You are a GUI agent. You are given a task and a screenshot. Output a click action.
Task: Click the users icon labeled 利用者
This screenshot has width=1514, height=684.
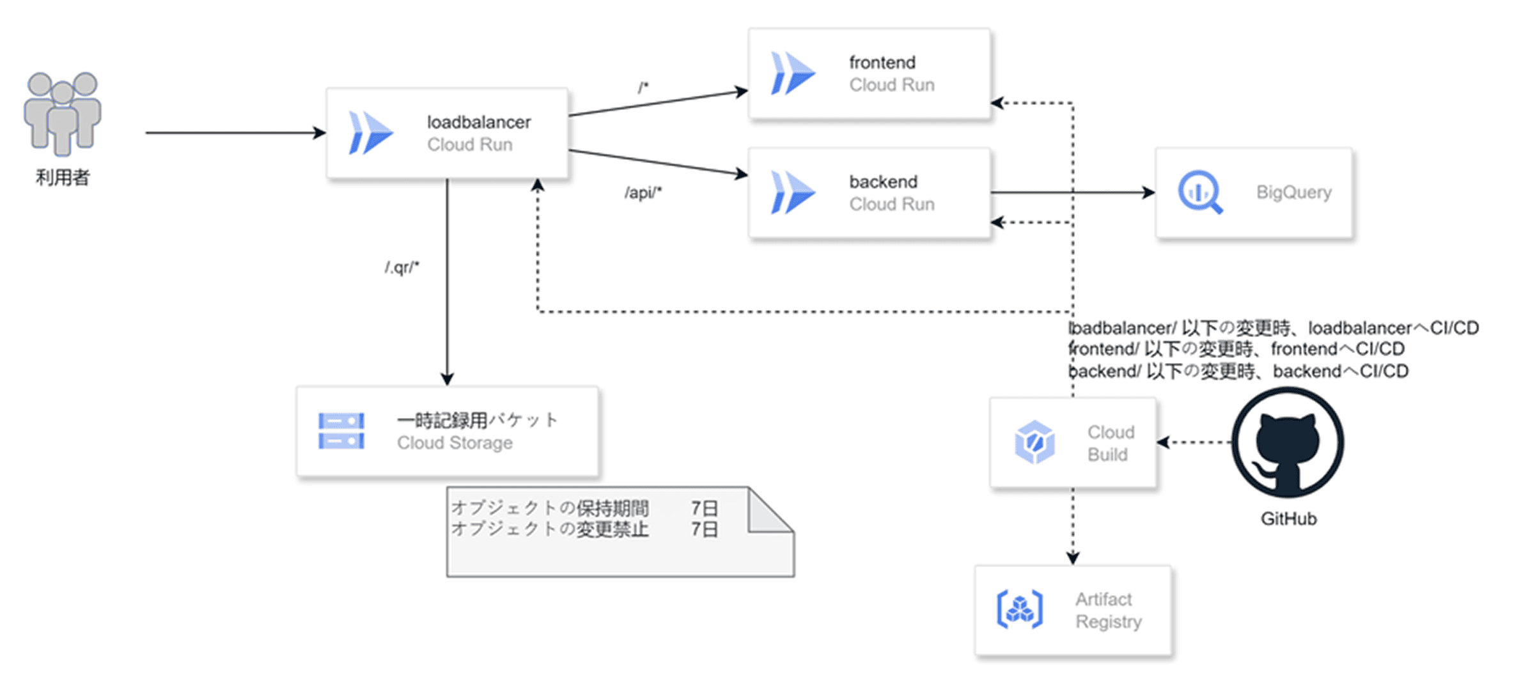pyautogui.click(x=63, y=113)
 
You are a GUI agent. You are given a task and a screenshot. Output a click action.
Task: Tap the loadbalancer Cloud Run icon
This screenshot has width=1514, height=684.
pyautogui.click(x=370, y=133)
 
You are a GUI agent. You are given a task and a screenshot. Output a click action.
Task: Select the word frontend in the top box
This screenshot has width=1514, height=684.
pyautogui.click(x=882, y=63)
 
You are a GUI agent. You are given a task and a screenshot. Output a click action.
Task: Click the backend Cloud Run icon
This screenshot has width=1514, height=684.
pyautogui.click(x=792, y=192)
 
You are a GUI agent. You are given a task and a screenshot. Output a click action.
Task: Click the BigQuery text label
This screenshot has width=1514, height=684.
pyautogui.click(x=1293, y=192)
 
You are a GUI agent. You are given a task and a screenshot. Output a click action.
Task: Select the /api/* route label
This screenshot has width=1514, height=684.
pyautogui.click(x=643, y=192)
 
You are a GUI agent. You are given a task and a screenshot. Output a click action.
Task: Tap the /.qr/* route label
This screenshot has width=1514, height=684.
pyautogui.click(x=402, y=267)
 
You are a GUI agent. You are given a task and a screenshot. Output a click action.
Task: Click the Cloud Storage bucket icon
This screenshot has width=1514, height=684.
pyautogui.click(x=341, y=431)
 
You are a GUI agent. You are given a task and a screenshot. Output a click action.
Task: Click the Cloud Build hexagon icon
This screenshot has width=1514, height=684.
pyautogui.click(x=1034, y=442)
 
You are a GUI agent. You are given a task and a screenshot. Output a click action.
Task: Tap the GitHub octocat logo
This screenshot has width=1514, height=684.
pyautogui.click(x=1288, y=442)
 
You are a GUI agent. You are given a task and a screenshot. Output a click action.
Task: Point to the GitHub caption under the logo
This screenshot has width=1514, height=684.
pyautogui.click(x=1288, y=518)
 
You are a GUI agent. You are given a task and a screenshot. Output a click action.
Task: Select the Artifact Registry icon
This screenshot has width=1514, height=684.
pyautogui.click(x=1020, y=609)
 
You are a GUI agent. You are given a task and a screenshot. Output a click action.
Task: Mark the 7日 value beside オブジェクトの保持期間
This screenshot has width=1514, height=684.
pyautogui.click(x=704, y=508)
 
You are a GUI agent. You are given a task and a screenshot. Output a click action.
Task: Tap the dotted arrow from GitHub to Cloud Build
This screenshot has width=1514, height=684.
pyautogui.click(x=1194, y=442)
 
